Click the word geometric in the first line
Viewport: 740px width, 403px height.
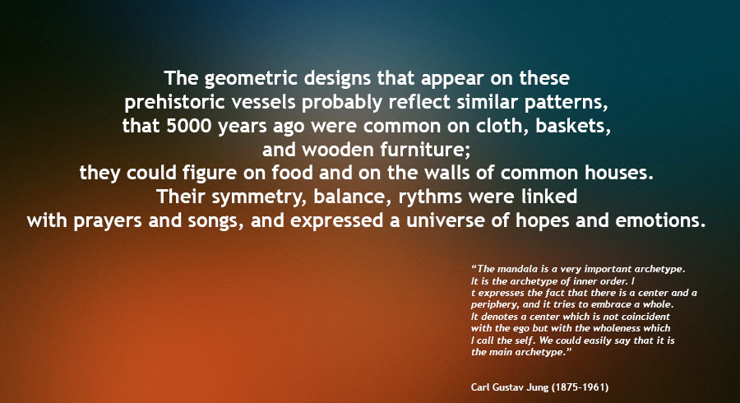pyautogui.click(x=252, y=79)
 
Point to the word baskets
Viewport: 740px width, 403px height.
pyautogui.click(x=573, y=127)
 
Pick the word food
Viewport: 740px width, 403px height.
pyautogui.click(x=292, y=173)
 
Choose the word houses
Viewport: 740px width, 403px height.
pyautogui.click(x=618, y=174)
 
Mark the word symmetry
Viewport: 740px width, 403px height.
pyautogui.click(x=257, y=197)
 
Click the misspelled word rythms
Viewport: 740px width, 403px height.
pyautogui.click(x=430, y=197)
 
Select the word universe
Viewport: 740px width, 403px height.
pyautogui.click(x=445, y=220)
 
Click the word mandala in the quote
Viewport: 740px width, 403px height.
pyautogui.click(x=517, y=269)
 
